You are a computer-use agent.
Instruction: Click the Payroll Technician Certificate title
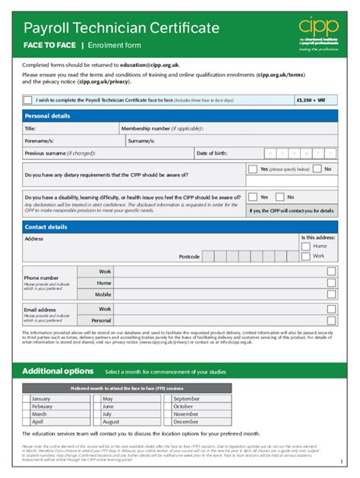[x=122, y=29]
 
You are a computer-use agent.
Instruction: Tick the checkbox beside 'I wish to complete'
[x=28, y=99]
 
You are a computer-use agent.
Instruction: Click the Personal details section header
[x=47, y=116]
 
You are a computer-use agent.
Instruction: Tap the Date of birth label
[x=212, y=153]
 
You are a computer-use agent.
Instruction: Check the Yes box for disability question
[x=253, y=197]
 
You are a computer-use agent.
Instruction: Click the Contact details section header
[x=46, y=227]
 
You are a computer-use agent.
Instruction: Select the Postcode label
[x=189, y=256]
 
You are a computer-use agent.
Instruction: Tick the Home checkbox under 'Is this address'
[x=306, y=247]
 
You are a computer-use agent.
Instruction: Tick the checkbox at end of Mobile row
[x=331, y=294]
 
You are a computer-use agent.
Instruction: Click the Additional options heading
[x=58, y=371]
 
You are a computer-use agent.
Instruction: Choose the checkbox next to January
[x=27, y=398]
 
